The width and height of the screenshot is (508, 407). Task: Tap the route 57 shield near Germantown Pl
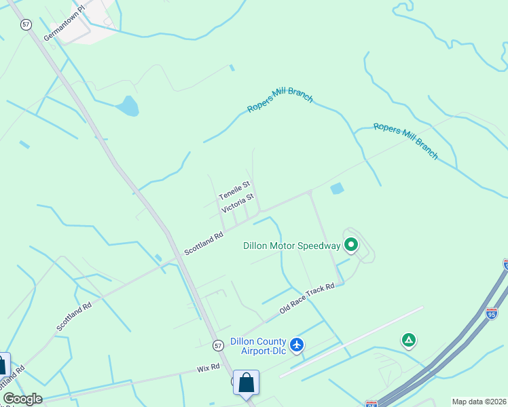26,24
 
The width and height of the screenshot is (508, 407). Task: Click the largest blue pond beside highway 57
128,105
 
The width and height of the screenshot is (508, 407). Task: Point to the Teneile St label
235,190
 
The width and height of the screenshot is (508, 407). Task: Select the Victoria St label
238,203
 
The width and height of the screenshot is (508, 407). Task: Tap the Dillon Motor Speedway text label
291,246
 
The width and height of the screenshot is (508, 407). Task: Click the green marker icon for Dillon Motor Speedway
351,244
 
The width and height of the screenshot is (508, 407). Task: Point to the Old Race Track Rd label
308,299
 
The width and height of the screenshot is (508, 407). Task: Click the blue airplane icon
296,345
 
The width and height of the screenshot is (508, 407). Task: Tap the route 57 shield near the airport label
217,345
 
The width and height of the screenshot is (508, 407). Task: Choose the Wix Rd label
208,368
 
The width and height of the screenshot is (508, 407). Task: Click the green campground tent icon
409,340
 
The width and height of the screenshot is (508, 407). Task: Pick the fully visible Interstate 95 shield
492,313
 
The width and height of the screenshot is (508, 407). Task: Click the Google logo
22,399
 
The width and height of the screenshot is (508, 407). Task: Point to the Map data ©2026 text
479,402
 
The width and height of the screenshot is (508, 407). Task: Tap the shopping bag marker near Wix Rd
246,382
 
